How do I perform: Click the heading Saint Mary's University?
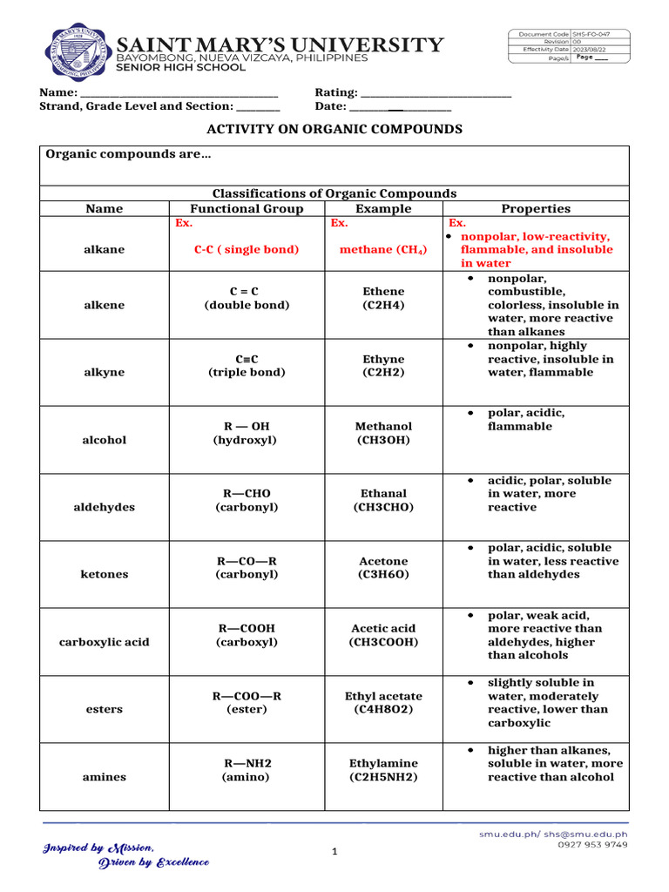coord(280,44)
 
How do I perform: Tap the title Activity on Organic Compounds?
coord(334,129)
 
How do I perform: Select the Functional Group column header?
coord(247,209)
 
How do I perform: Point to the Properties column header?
coord(536,209)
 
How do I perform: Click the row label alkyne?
coord(104,372)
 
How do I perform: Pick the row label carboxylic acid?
coord(104,642)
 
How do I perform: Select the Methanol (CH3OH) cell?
coord(383,433)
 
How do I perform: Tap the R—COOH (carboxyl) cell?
coord(247,635)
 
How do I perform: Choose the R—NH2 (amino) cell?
coord(247,769)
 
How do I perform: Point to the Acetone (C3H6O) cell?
coord(383,568)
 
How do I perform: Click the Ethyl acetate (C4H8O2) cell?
coord(383,703)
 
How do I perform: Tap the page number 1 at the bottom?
coord(334,852)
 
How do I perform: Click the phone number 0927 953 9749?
coord(592,845)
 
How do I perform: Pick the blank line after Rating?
coord(436,93)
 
